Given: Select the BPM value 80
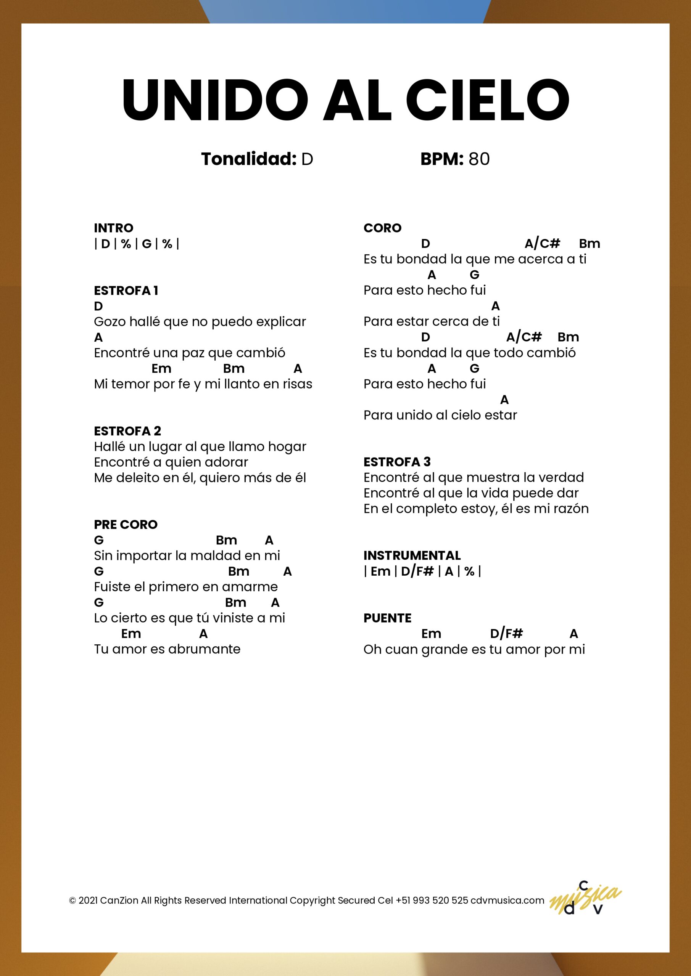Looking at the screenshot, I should [x=479, y=159].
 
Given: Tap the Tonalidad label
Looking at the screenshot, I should [x=248, y=159].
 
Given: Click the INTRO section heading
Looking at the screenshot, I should [x=113, y=228].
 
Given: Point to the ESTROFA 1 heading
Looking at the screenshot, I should [x=126, y=291].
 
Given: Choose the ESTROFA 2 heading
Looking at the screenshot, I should [x=127, y=431].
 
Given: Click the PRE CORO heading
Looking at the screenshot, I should [x=126, y=525].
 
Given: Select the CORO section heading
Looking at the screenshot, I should [x=382, y=228].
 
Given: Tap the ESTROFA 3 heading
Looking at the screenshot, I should [x=396, y=462].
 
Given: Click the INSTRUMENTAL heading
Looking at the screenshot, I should [x=412, y=555].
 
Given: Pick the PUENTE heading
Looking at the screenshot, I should [x=387, y=618].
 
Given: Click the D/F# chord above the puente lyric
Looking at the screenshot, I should [x=506, y=634].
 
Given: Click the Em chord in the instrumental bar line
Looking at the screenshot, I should [x=380, y=571].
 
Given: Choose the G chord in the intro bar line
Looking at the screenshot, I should [x=147, y=244].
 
